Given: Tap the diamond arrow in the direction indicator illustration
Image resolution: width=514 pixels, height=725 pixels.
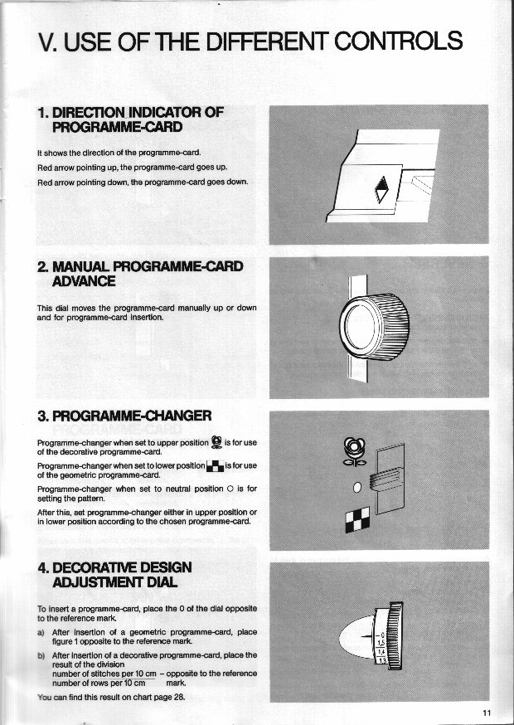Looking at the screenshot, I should (382, 191).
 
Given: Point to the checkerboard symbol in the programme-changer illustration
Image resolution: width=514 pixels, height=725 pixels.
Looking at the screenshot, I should (354, 520).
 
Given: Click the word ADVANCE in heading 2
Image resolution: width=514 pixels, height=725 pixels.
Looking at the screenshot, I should (85, 281).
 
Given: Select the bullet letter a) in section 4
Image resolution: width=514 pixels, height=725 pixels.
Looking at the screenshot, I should (41, 632).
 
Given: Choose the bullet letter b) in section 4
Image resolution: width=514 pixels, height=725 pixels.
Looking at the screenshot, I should (41, 655).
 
